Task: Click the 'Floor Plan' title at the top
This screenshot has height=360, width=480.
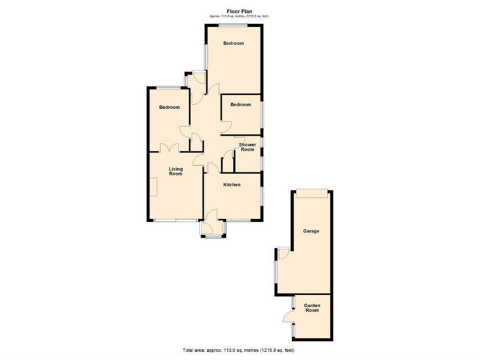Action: (x=240, y=11)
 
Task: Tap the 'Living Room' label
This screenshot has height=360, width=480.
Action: (x=176, y=171)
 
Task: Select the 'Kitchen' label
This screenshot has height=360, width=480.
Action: (x=232, y=184)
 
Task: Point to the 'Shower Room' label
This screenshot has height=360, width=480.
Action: (x=247, y=147)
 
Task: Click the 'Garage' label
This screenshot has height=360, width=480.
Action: (x=311, y=231)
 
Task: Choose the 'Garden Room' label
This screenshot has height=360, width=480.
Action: (x=311, y=307)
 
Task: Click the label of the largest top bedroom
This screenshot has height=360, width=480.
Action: (x=234, y=43)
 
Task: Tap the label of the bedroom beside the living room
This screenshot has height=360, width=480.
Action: (x=169, y=107)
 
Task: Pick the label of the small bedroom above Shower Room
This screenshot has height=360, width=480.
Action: (x=241, y=104)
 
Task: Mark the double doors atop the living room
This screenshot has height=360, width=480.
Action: (x=169, y=148)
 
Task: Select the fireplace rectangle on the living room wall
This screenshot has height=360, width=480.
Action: (x=152, y=186)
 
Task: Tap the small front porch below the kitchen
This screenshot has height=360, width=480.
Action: (x=213, y=229)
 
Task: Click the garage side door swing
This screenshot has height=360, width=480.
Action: (x=283, y=252)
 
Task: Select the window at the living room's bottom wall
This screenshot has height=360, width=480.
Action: (x=175, y=221)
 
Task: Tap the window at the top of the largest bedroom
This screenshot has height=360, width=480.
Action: (x=232, y=24)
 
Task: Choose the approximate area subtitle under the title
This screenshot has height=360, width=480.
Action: (x=240, y=16)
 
